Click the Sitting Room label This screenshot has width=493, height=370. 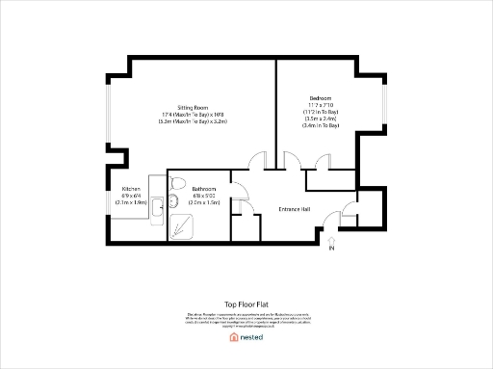193,107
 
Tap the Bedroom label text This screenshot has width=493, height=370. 321,98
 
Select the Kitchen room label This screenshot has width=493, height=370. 132,189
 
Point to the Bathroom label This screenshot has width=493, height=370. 202,189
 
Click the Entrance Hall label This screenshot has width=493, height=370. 294,208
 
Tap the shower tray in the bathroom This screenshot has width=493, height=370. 180,225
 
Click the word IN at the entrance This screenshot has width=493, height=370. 332,250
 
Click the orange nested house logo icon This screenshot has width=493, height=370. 233,337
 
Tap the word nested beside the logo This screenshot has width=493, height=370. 251,337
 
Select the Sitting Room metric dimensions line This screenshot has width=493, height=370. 193,122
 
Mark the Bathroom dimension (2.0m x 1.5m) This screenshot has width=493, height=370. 203,202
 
